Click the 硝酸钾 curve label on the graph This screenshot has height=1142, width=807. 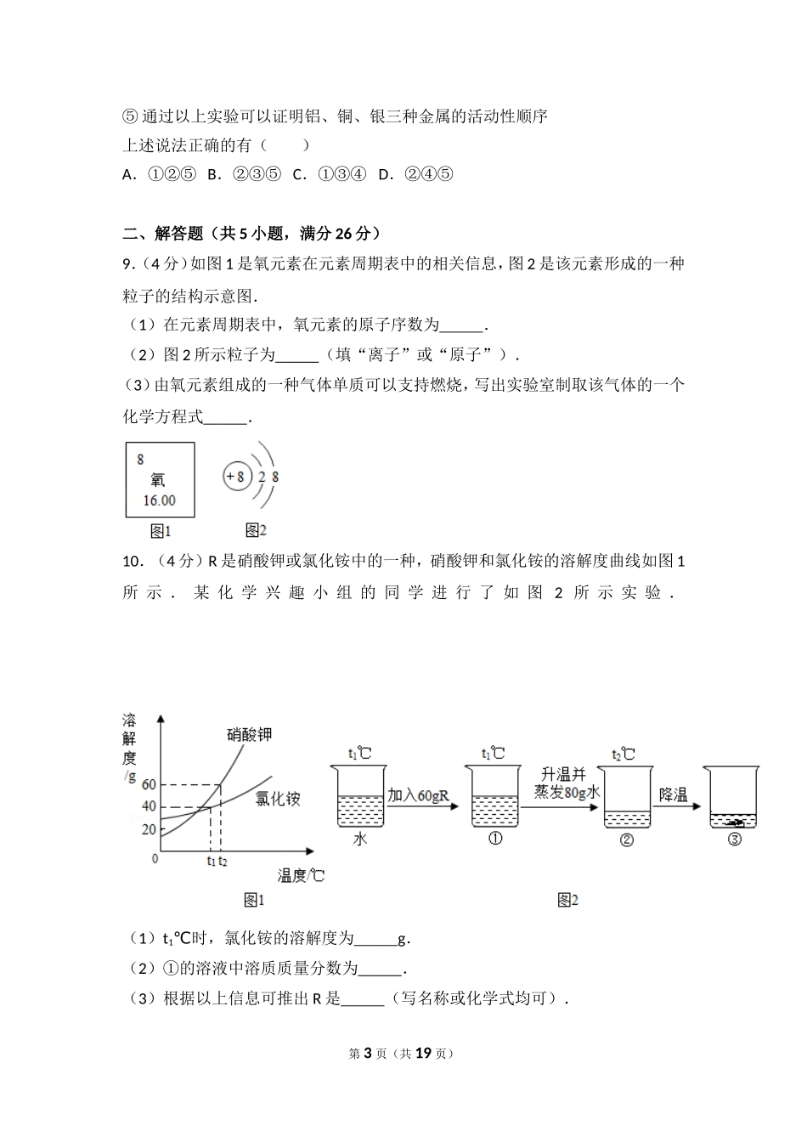pyautogui.click(x=249, y=734)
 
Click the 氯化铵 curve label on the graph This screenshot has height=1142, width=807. pyautogui.click(x=278, y=799)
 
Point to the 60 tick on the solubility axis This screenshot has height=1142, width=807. pyautogui.click(x=149, y=784)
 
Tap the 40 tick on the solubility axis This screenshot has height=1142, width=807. pyautogui.click(x=149, y=806)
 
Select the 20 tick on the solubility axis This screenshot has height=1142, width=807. pyautogui.click(x=149, y=829)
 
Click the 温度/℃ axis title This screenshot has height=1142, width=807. pyautogui.click(x=301, y=875)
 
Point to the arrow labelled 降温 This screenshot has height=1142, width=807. pyautogui.click(x=675, y=806)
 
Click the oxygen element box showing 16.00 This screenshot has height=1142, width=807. pyautogui.click(x=160, y=479)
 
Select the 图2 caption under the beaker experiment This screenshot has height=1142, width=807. pyautogui.click(x=567, y=900)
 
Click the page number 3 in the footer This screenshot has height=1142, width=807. pyautogui.click(x=368, y=1053)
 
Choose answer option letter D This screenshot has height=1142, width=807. pyautogui.click(x=386, y=174)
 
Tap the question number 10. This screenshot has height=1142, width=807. pyautogui.click(x=132, y=561)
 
